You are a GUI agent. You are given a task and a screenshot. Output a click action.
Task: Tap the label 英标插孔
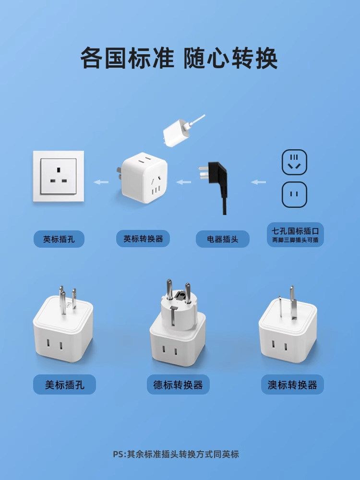tap(59, 239)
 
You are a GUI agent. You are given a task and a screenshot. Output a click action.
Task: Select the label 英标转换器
tap(143, 239)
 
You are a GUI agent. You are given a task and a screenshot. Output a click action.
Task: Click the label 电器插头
tap(222, 239)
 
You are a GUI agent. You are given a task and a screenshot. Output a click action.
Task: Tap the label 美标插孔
tap(64, 384)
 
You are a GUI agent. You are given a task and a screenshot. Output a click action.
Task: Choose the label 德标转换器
tap(178, 384)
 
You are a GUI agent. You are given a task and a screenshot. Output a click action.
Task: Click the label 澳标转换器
tap(292, 384)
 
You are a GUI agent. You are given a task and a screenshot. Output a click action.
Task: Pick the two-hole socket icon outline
tap(294, 194)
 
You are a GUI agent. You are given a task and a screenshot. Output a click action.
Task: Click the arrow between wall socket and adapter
tap(101, 182)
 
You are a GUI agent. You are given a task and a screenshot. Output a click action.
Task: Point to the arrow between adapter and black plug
tap(183, 182)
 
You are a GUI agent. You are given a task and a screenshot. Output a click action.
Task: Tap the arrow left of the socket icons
tap(259, 182)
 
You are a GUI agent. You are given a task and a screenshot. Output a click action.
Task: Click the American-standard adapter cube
tap(63, 326)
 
